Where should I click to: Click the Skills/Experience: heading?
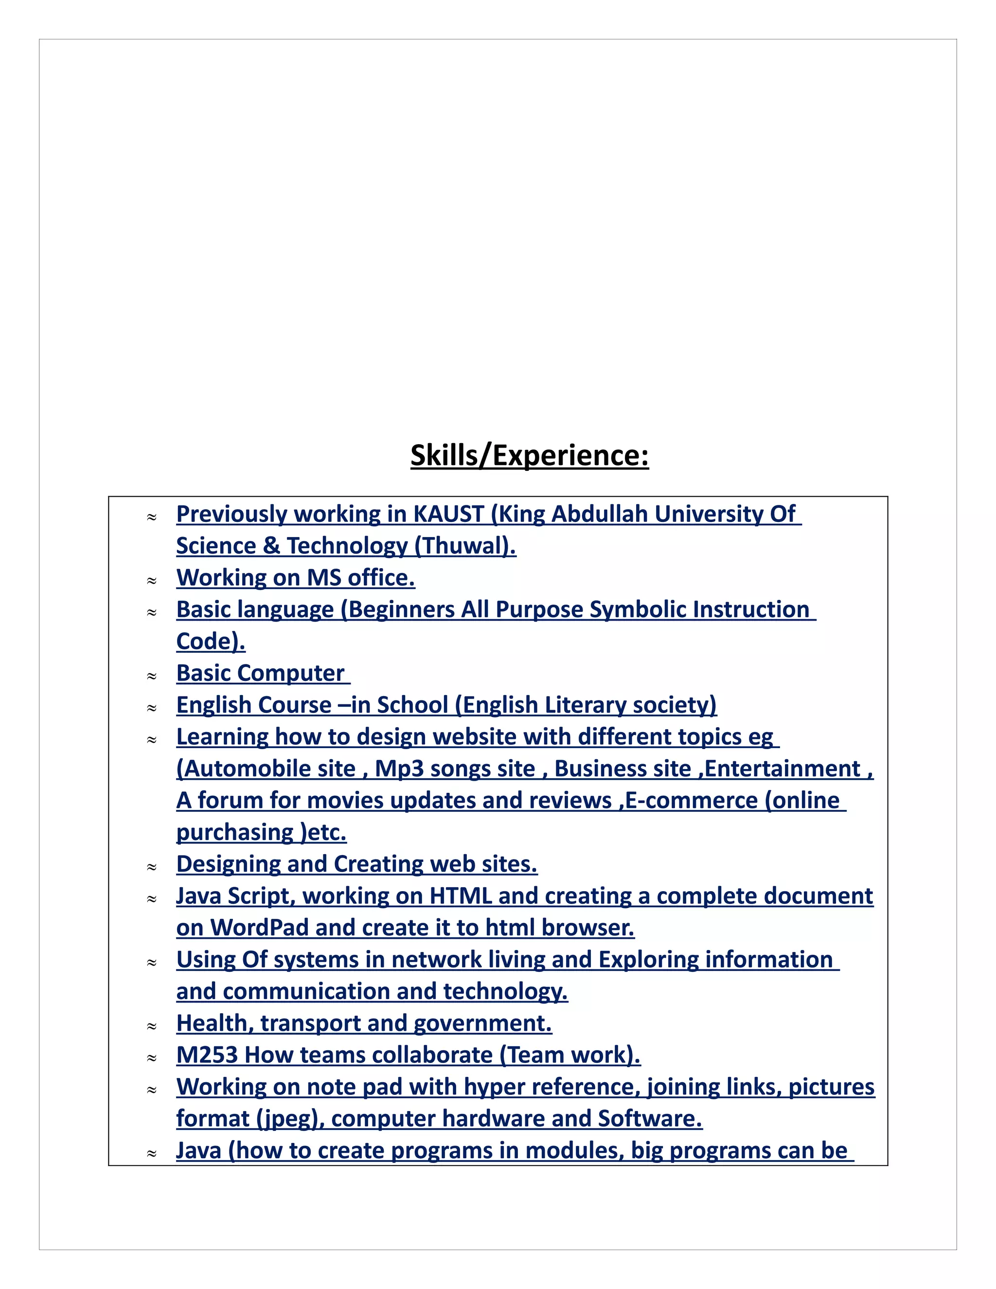coord(529,456)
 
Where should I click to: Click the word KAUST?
coord(448,514)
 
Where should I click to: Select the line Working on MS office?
coord(295,578)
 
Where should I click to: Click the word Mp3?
coord(399,769)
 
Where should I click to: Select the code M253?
coord(207,1056)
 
